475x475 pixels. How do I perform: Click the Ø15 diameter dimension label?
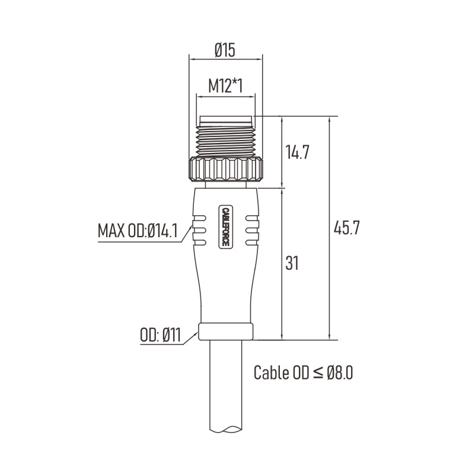click(x=225, y=50)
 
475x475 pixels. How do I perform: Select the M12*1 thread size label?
click(x=225, y=86)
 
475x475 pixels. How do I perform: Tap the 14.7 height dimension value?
click(x=297, y=152)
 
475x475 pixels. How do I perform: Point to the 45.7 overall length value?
click(x=346, y=228)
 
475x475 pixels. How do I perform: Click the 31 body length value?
click(x=292, y=263)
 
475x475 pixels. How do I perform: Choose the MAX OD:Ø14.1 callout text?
click(x=138, y=231)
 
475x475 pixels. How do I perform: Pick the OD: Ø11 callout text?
click(x=160, y=336)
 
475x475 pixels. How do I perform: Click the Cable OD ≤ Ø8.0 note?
click(x=303, y=372)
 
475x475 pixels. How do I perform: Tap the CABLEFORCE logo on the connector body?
click(x=225, y=227)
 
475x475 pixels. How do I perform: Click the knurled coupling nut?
click(x=226, y=170)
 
